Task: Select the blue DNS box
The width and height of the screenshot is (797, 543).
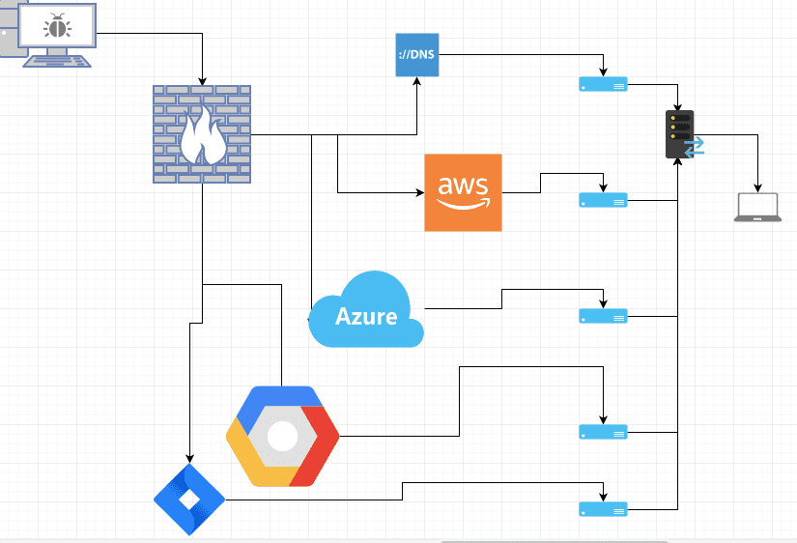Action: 417,54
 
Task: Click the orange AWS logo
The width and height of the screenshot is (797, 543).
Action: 463,192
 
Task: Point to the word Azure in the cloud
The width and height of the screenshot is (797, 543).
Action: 366,316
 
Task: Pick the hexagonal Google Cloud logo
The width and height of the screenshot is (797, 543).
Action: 282,436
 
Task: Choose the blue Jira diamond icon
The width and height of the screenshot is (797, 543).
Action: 189,500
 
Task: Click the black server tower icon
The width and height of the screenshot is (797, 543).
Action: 680,135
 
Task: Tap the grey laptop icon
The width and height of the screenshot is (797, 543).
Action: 757,208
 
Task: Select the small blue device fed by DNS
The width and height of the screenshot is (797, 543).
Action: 603,85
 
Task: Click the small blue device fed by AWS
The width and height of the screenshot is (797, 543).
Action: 603,200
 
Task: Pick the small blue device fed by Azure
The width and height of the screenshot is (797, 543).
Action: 603,316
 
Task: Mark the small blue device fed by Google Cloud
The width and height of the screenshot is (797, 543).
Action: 603,431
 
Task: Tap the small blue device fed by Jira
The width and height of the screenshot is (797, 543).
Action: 603,508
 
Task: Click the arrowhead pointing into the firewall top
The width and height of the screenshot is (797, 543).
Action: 203,80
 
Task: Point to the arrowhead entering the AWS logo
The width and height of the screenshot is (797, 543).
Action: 419,193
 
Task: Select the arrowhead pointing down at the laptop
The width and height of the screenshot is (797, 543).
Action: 757,187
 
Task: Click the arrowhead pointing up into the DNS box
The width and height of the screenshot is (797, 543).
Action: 417,81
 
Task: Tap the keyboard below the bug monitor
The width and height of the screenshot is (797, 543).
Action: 57,60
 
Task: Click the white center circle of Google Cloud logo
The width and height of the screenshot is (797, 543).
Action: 282,437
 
